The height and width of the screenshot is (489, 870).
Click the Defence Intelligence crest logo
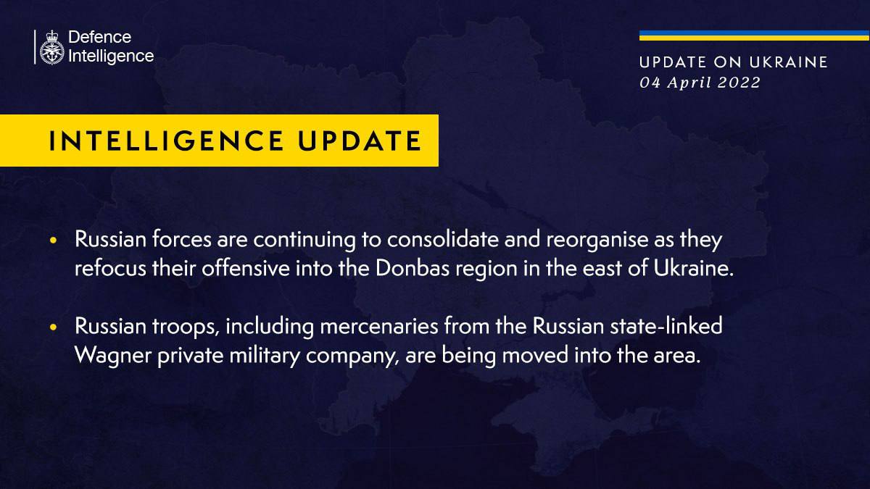[51, 48]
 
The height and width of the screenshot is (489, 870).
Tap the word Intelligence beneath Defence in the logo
[110, 56]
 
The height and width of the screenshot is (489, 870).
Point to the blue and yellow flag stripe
[754, 35]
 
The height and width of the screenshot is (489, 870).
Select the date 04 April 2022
[700, 83]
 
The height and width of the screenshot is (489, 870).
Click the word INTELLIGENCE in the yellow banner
[160, 141]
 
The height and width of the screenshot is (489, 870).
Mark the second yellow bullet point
[54, 328]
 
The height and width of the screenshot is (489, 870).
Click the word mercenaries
[371, 327]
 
